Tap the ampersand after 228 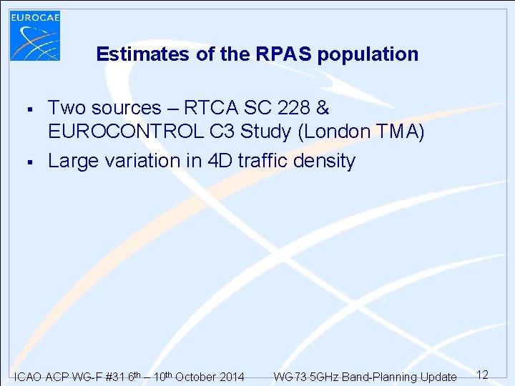(322, 109)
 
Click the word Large (74, 161)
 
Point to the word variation (145, 161)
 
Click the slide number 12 (482, 375)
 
